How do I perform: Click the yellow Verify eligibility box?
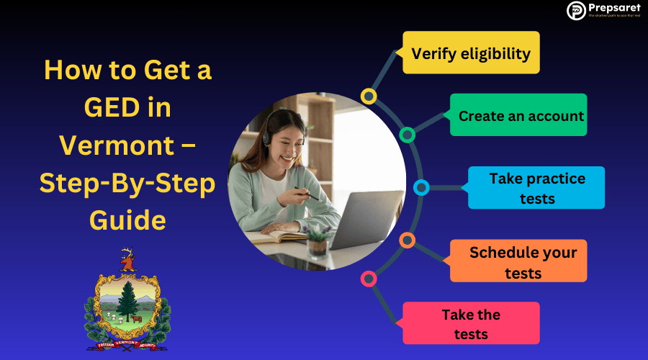click(x=471, y=53)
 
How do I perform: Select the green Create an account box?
click(x=518, y=115)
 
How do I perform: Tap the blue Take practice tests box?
click(x=536, y=188)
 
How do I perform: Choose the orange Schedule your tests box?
click(x=518, y=261)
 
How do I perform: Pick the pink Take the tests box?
click(x=471, y=323)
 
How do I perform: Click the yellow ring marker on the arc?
click(x=369, y=96)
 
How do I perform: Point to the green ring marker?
click(x=407, y=135)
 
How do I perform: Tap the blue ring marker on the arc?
click(x=422, y=188)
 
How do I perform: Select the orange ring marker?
click(x=407, y=240)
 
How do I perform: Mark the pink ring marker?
click(x=369, y=279)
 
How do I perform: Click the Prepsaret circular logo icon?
click(x=576, y=10)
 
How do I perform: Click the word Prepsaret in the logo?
click(x=611, y=8)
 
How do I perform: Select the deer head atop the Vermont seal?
click(x=128, y=259)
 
